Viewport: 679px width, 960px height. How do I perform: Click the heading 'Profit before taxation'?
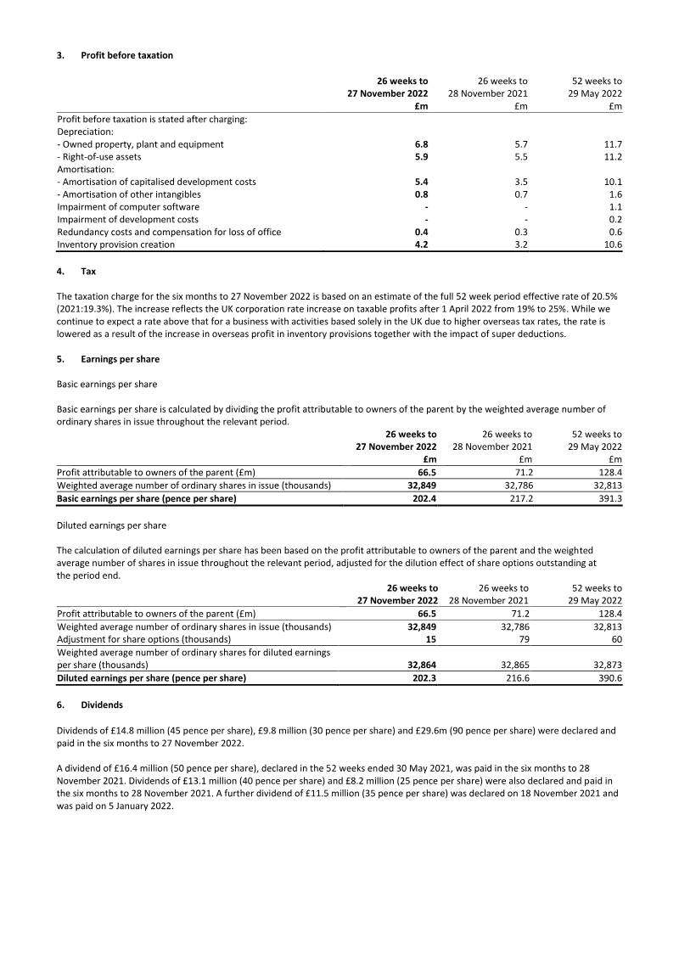coord(126,55)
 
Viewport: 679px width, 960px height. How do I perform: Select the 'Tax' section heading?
coord(88,272)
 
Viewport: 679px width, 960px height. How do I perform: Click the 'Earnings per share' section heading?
coord(120,359)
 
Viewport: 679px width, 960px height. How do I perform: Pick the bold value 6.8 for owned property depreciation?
coord(421,144)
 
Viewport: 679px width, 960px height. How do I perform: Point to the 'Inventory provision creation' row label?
coord(115,244)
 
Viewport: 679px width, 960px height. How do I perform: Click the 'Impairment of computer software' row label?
coord(128,206)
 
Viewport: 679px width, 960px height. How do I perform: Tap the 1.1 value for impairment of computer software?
coord(616,206)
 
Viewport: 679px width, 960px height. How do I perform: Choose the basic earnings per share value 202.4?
coord(424,498)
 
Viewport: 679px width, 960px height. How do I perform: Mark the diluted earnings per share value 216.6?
coord(516,678)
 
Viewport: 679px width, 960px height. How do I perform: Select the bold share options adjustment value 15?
coord(432,638)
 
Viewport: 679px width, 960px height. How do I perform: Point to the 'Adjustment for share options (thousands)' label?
coord(143,638)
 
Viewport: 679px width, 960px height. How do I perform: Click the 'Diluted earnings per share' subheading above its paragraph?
coord(111,525)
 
